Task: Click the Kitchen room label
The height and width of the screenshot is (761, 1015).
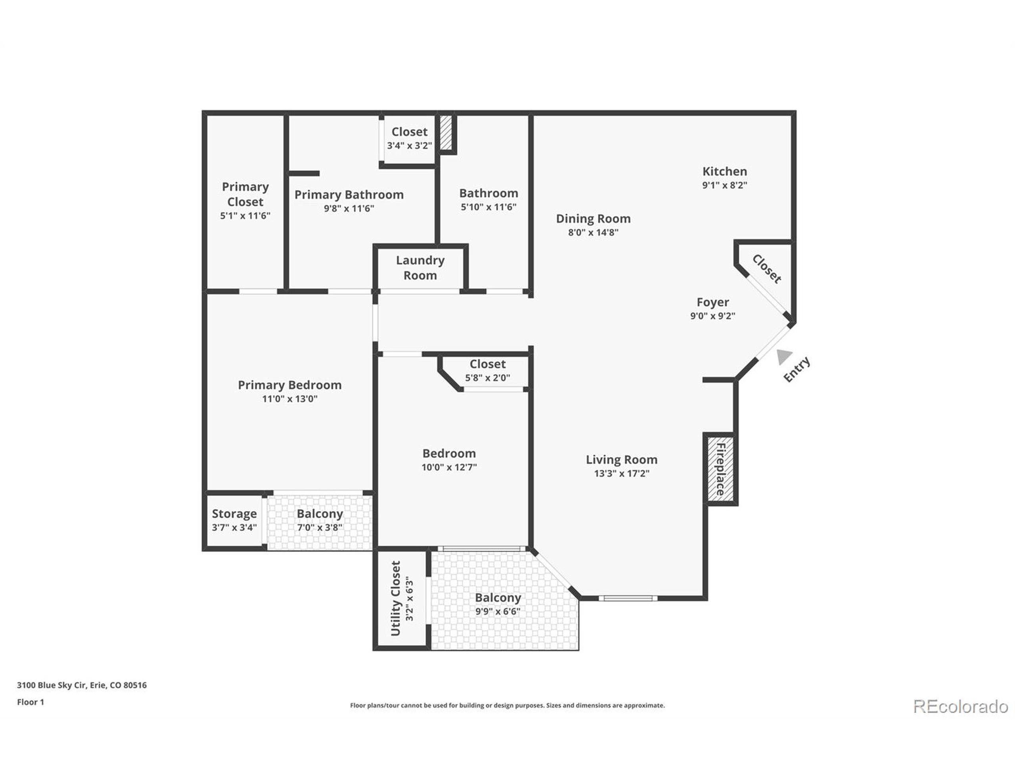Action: click(724, 172)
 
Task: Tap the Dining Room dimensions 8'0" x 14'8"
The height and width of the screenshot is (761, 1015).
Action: click(593, 233)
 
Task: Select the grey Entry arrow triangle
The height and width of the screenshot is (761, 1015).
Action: click(784, 357)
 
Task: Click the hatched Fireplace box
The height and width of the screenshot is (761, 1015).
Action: click(720, 469)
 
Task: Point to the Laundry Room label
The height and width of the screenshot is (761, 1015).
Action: click(420, 268)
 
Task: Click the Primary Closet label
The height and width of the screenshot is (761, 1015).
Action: click(245, 194)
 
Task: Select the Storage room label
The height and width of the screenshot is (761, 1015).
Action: click(234, 514)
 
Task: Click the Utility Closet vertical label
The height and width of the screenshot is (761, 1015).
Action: click(396, 598)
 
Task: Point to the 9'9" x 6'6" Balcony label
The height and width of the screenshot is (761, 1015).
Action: click(498, 598)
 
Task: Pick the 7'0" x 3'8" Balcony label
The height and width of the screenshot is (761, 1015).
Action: click(320, 514)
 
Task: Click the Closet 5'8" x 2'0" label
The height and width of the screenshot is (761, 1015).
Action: click(487, 364)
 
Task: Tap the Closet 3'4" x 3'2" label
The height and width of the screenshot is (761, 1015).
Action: click(409, 132)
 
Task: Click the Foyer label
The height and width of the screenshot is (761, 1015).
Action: click(712, 302)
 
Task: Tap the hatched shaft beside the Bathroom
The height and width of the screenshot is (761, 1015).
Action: click(446, 132)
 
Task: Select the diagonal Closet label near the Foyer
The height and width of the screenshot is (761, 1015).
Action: click(767, 269)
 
